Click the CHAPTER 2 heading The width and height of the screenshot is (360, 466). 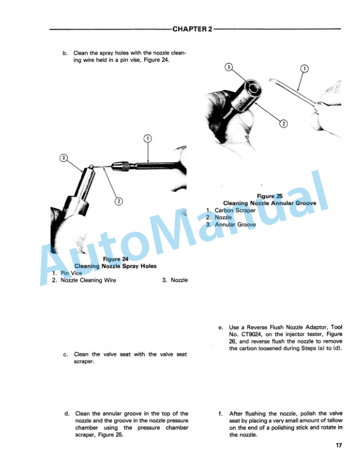(x=192, y=29)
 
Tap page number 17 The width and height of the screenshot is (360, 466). (x=339, y=445)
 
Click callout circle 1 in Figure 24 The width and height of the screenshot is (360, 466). (x=148, y=138)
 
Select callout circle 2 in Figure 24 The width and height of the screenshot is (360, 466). (x=119, y=201)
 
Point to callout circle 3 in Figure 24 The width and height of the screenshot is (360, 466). (x=64, y=158)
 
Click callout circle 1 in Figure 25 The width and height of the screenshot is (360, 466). (x=305, y=69)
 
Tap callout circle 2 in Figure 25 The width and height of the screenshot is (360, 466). (x=284, y=124)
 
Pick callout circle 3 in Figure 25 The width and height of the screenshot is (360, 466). (x=229, y=67)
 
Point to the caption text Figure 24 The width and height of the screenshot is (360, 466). (x=115, y=259)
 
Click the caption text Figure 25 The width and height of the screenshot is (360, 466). (x=269, y=196)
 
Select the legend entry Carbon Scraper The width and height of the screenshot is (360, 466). (x=235, y=211)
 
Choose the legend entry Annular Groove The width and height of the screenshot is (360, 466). (x=235, y=225)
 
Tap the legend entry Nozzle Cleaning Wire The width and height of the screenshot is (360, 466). (x=88, y=280)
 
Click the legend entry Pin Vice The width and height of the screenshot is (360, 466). (x=71, y=273)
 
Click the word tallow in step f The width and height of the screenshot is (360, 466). (x=335, y=421)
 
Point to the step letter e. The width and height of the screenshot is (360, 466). (x=221, y=328)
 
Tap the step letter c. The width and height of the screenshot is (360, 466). (x=66, y=355)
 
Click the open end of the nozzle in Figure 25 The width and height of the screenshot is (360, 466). (x=254, y=88)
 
